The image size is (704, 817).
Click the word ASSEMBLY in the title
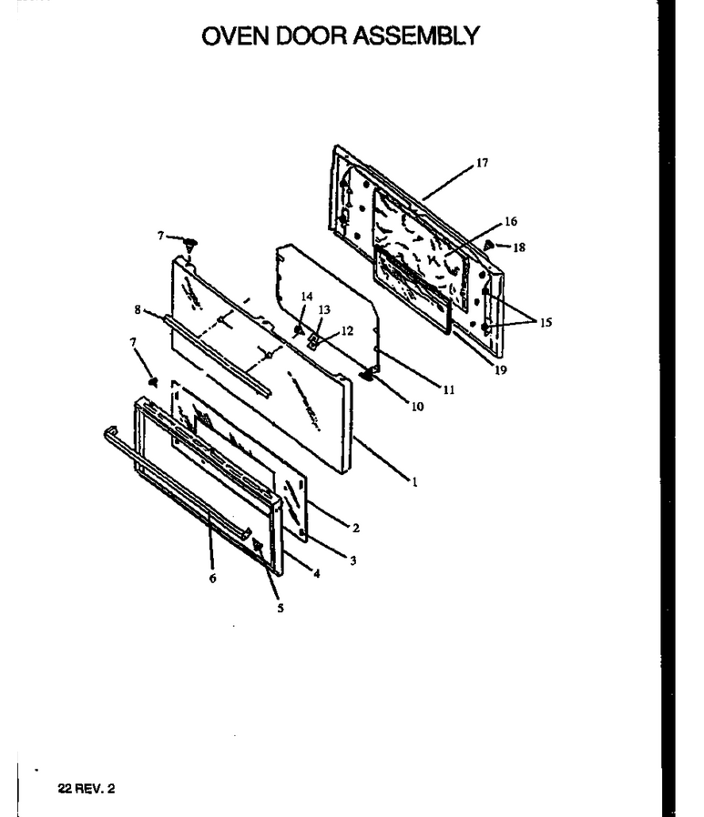point(415,36)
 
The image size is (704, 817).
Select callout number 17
point(483,163)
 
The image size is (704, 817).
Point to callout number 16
point(511,221)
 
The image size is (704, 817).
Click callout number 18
point(519,247)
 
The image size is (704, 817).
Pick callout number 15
point(546,323)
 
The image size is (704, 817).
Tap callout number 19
point(501,370)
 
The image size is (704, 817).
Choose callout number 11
point(449,389)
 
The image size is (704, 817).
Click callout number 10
point(417,407)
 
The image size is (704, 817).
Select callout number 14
point(307,297)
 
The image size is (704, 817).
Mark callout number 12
point(347,331)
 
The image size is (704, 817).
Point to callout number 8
point(138,309)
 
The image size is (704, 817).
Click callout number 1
point(415,482)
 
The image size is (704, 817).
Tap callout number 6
point(212,578)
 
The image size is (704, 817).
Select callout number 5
point(280,608)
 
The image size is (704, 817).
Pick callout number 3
point(353,560)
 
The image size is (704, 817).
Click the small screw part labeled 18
point(488,244)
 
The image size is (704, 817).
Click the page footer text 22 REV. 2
point(87,789)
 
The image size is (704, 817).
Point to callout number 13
point(324,309)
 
